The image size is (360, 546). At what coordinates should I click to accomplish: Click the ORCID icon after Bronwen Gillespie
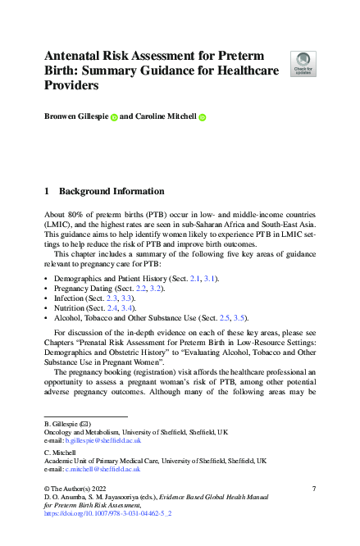click(114, 117)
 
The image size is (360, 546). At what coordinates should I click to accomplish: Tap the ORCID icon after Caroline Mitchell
click(202, 117)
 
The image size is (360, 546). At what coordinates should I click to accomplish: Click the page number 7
click(314, 489)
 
